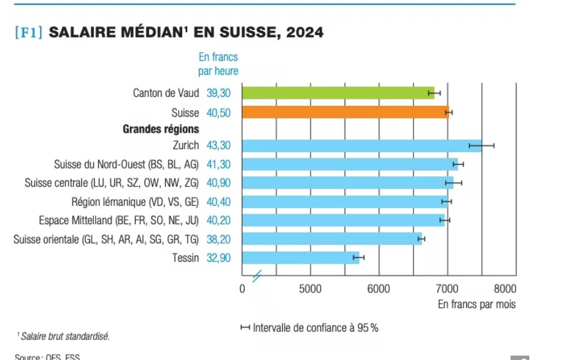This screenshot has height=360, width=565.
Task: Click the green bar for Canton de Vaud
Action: point(338,93)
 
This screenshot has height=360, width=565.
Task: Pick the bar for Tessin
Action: point(300,258)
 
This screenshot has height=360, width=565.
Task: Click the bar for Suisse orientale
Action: point(332,239)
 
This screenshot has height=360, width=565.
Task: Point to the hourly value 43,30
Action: point(218,145)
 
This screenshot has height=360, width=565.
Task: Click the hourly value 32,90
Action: point(218,258)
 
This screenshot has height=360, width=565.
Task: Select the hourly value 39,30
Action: point(218,93)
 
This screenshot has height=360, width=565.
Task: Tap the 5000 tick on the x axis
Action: point(310,289)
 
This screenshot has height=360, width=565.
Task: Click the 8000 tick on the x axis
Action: point(504,289)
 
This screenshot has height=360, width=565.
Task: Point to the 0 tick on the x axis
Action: point(243,289)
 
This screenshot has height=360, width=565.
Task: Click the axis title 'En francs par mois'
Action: point(476,304)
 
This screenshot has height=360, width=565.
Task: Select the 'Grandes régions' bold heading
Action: point(161,129)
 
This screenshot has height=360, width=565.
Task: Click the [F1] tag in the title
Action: point(28,33)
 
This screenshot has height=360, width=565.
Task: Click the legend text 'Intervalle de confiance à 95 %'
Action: point(315,327)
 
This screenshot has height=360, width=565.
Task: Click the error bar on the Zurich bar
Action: point(481,145)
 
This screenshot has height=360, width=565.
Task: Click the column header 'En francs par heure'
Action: point(218,64)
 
